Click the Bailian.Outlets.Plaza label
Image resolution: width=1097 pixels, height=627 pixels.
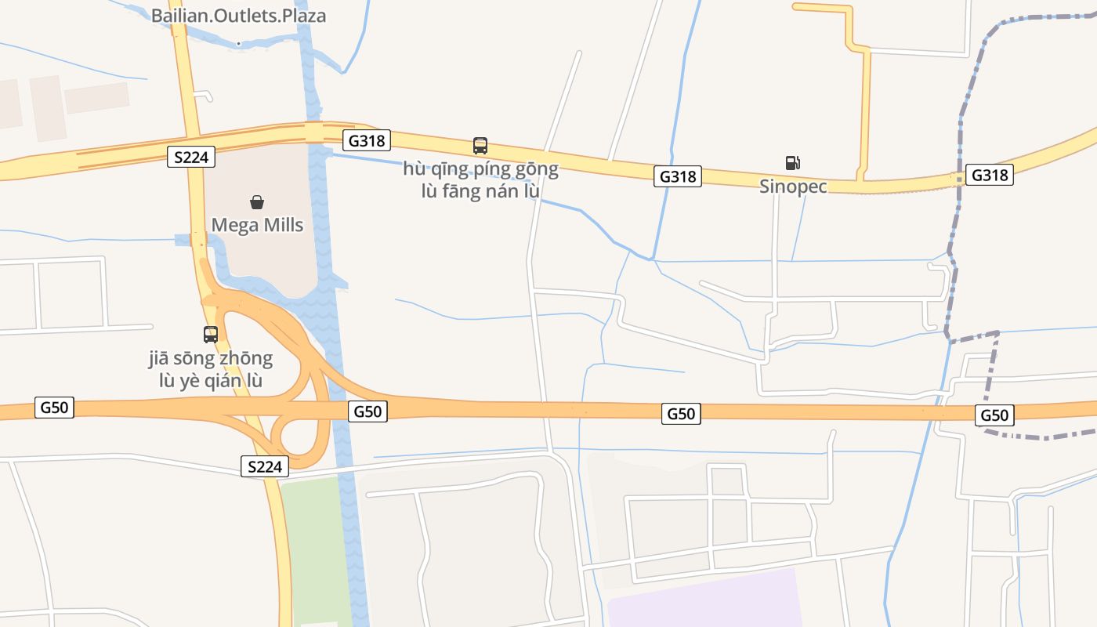coord(238,16)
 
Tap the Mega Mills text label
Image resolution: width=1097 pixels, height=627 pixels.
coord(257,225)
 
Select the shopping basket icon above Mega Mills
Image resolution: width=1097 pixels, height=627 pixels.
coord(257,202)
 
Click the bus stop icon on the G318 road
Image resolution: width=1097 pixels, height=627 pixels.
coord(480,145)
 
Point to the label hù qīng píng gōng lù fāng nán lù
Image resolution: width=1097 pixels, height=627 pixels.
coord(480,179)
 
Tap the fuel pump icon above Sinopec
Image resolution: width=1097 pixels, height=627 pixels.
coord(793,163)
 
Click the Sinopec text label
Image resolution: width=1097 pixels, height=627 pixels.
coord(793,187)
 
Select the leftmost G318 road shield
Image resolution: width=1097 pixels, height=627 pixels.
coord(366,140)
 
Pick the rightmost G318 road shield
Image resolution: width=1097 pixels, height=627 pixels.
coord(989,175)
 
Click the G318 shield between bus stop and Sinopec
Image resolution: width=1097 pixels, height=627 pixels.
coord(678,176)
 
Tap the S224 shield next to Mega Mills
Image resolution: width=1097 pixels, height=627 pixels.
coord(191,157)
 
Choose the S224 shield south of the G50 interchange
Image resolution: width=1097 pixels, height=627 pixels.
coord(265,467)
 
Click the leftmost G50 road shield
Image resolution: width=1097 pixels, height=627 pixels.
coord(55,408)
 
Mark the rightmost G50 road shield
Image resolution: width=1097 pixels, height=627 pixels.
coord(994,415)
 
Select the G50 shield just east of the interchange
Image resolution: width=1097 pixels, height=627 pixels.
coord(367,411)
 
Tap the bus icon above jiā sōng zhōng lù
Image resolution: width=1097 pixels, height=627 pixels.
coord(211,335)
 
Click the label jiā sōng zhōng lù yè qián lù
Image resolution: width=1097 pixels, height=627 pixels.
coord(211,370)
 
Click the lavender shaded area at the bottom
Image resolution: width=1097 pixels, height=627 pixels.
coord(705,600)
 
